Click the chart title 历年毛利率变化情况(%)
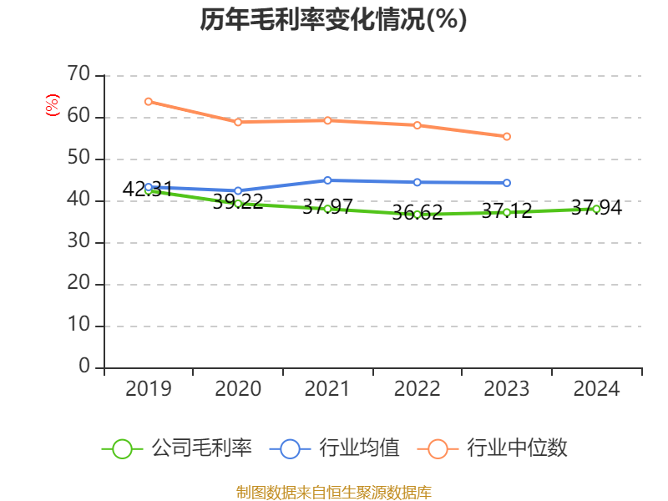(x=333, y=20)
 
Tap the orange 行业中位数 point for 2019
(x=149, y=101)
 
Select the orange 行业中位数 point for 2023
(x=507, y=136)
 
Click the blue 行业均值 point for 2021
(x=327, y=180)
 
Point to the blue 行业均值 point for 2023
(x=507, y=183)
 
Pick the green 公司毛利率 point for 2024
(x=596, y=209)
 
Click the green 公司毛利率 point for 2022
(x=417, y=215)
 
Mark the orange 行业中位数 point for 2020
(x=238, y=122)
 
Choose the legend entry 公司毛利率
(x=201, y=448)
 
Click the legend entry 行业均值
(x=360, y=448)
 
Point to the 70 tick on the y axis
(x=78, y=75)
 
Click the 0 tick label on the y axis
(x=83, y=367)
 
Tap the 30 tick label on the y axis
(x=78, y=242)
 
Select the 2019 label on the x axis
(x=149, y=389)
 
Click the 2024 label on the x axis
(x=596, y=389)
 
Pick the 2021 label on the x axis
(x=327, y=389)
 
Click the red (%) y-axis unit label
(x=53, y=106)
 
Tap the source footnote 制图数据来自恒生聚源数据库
(x=333, y=492)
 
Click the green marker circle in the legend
(x=122, y=449)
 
